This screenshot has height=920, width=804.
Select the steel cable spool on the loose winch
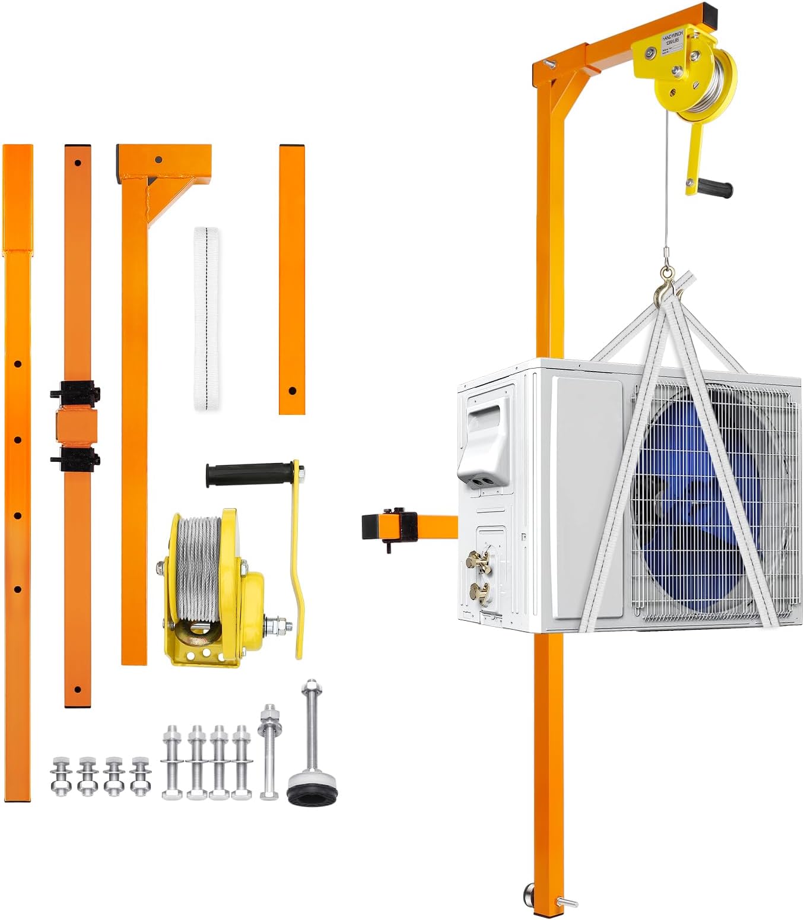tap(199, 567)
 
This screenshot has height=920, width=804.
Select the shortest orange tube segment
tap(292, 279)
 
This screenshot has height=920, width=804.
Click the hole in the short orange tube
tap(292, 391)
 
